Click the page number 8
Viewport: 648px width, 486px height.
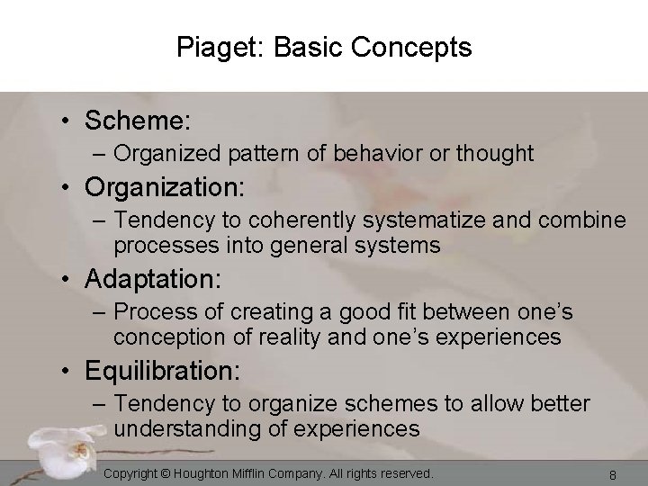click(611, 474)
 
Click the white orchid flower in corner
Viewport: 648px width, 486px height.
click(45, 441)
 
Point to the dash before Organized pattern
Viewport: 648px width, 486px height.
click(99, 154)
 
